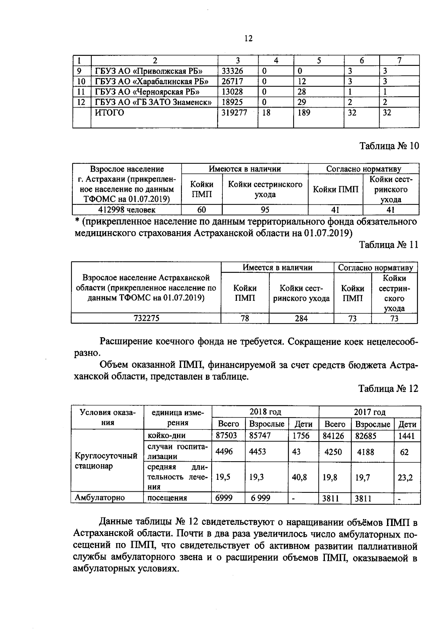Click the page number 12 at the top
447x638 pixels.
[x=248, y=38]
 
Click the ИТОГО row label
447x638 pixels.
[x=110, y=113]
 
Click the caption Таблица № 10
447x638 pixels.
[x=389, y=146]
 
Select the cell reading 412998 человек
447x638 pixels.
[x=127, y=210]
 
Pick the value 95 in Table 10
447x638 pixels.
[x=265, y=210]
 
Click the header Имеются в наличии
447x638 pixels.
[x=244, y=169]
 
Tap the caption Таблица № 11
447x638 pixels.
[x=388, y=245]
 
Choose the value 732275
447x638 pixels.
[x=146, y=318]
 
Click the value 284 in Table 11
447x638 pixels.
[x=301, y=318]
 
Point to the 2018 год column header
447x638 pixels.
[x=265, y=412]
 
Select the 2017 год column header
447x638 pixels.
[x=370, y=412]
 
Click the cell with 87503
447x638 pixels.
[x=226, y=436]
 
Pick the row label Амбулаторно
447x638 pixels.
[x=100, y=498]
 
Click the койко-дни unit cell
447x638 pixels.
[x=167, y=436]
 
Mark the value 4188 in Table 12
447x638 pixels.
[x=365, y=452]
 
